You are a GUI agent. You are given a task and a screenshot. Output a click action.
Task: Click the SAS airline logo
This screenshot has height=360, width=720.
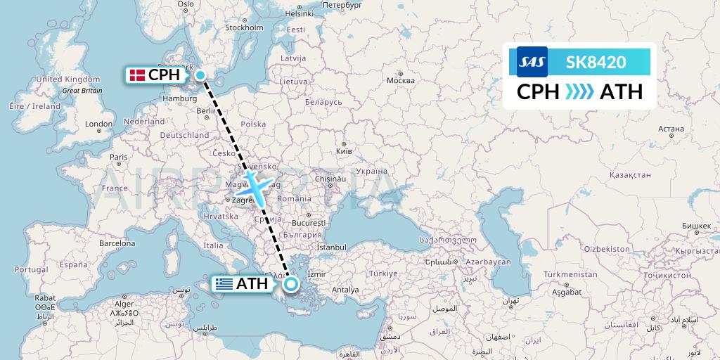(x=532, y=62)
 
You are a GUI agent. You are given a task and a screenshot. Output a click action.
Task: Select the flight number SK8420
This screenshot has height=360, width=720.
(x=596, y=62)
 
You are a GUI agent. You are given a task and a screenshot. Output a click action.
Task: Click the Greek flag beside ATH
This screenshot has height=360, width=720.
(x=224, y=284)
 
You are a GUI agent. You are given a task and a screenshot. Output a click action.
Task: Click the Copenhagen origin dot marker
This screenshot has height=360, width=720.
(x=200, y=75)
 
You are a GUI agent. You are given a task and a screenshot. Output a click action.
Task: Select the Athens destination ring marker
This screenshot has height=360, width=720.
(x=290, y=284)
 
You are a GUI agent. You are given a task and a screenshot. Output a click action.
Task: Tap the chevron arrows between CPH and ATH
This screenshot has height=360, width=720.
(x=580, y=92)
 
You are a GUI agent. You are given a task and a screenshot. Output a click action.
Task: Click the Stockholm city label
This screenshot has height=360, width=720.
(x=243, y=28)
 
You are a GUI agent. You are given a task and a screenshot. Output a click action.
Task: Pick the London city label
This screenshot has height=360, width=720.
(x=98, y=124)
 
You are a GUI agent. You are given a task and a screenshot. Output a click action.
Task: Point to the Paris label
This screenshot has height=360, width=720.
(x=118, y=157)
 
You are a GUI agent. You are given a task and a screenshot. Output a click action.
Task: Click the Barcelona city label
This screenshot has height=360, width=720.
(x=117, y=243)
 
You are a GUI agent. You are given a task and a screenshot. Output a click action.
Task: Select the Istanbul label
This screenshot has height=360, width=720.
(x=332, y=247)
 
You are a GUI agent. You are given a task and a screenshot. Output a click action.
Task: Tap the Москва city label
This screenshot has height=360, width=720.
(x=401, y=79)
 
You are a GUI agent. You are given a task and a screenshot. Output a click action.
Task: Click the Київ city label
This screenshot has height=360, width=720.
(x=344, y=151)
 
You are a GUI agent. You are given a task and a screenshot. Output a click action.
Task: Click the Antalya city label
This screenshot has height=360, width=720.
(x=345, y=290)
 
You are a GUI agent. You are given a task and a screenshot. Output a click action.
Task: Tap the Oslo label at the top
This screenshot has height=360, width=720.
(x=186, y=4)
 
